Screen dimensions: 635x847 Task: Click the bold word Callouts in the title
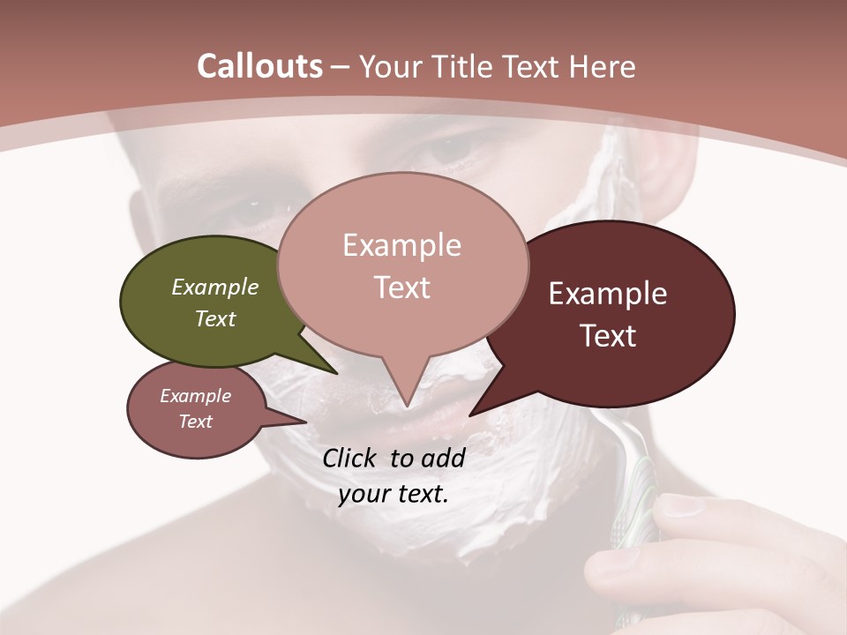pos(259,66)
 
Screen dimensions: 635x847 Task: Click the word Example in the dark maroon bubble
pos(608,294)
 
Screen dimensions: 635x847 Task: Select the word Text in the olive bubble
pos(215,318)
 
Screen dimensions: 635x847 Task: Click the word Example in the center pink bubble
pos(401,245)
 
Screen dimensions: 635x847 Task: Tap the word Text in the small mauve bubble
pos(196,422)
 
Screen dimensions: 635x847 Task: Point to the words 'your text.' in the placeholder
pos(394,494)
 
